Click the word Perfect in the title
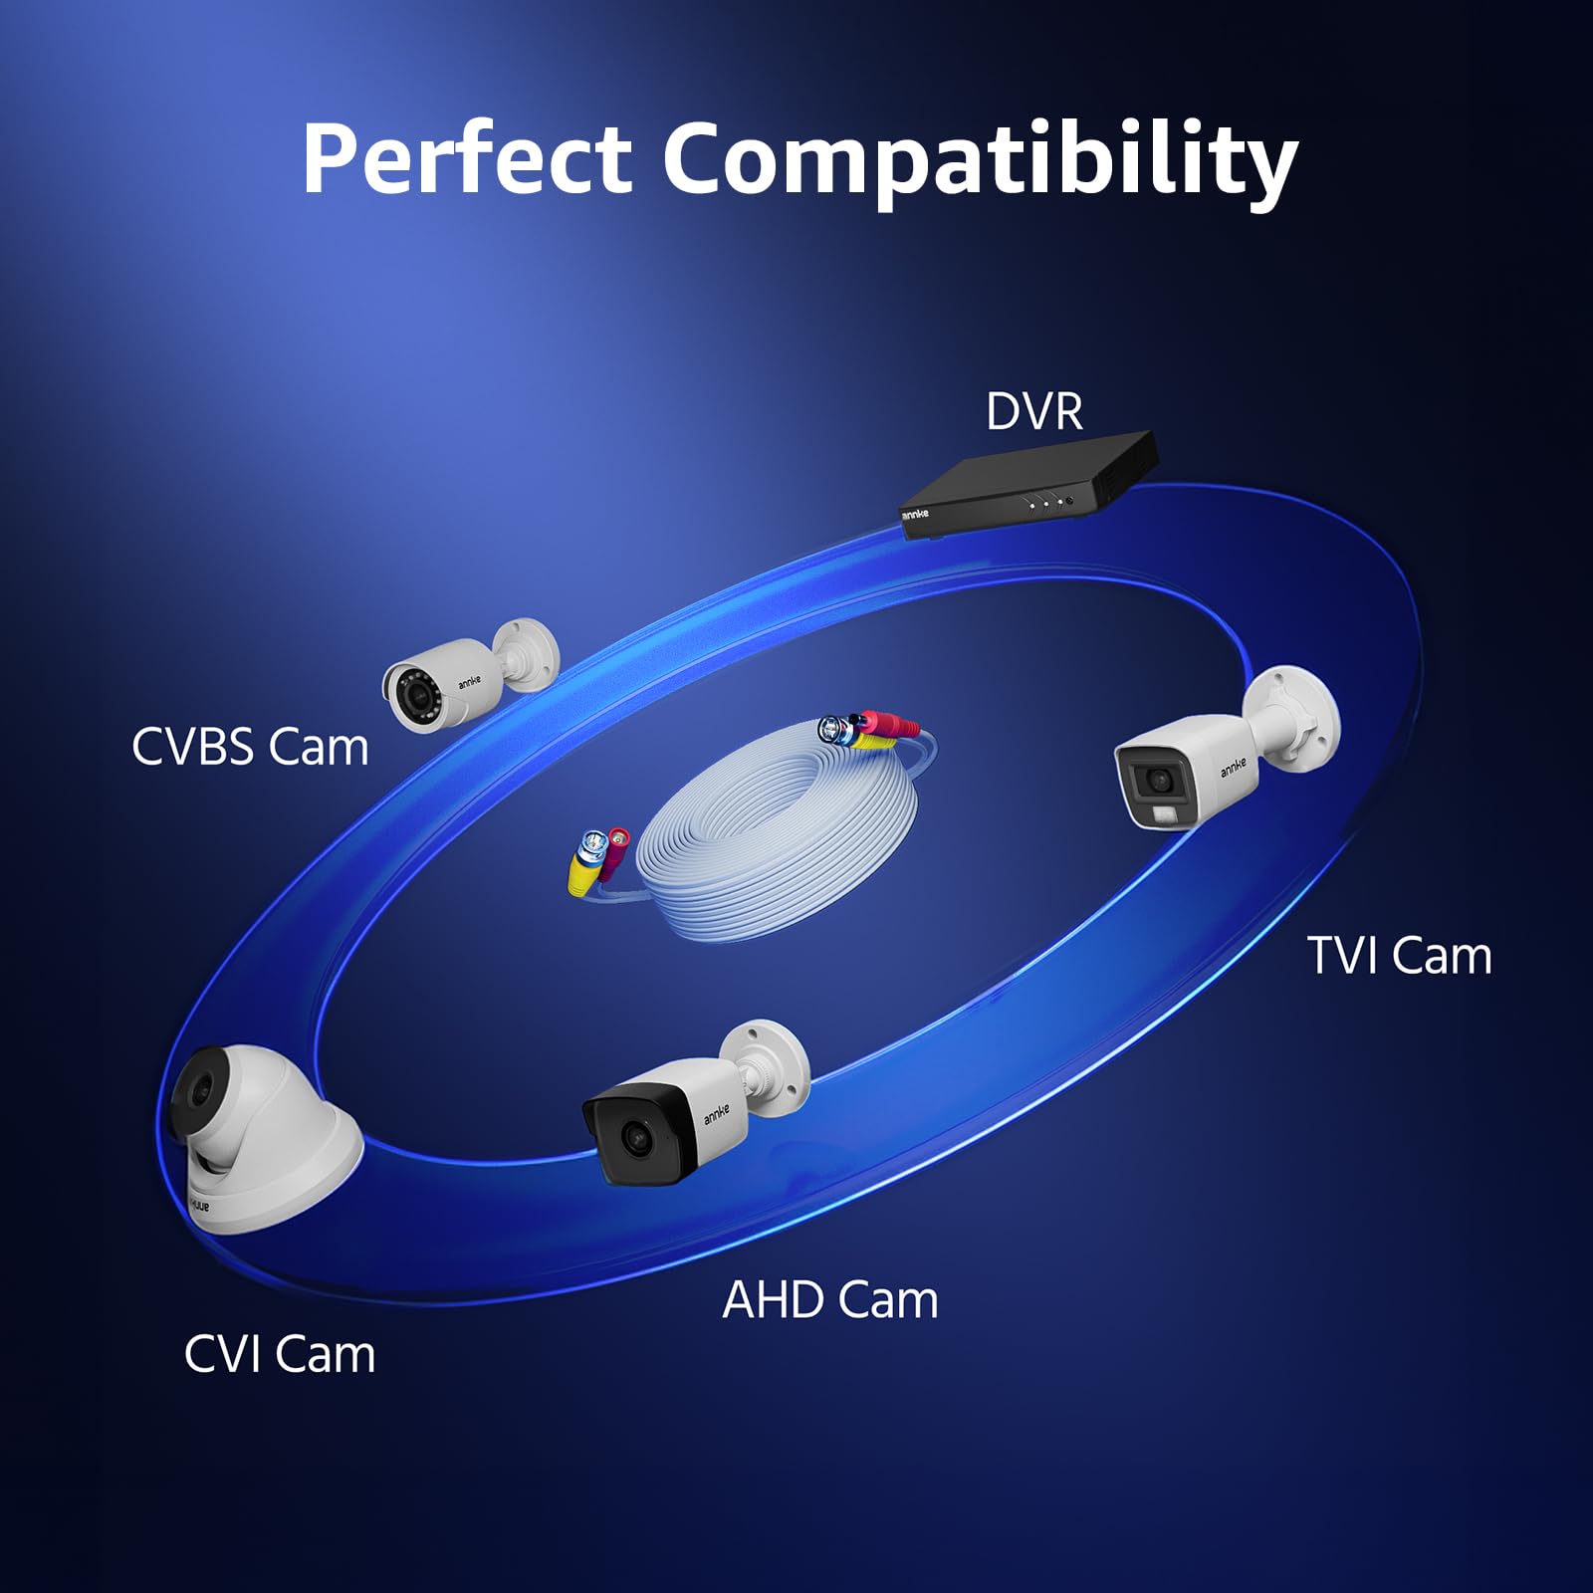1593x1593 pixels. click(467, 157)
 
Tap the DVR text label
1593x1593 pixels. click(1034, 411)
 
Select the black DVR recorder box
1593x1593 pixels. click(1028, 485)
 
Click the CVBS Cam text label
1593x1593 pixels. click(250, 747)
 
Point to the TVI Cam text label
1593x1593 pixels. click(1399, 956)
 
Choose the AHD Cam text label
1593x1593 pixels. click(830, 1300)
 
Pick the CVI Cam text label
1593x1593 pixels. click(280, 1354)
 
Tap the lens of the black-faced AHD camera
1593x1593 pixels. click(634, 1137)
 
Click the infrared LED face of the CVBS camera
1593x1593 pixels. click(412, 689)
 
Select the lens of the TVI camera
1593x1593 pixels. click(1158, 778)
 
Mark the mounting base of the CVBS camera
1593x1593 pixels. click(529, 654)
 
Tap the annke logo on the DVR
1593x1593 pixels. click(915, 514)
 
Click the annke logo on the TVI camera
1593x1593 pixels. click(1234, 766)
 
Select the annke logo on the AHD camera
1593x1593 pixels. click(717, 1113)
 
